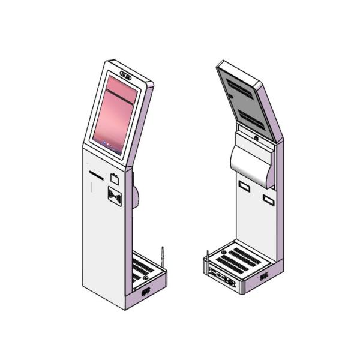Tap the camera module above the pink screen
pyautogui.click(x=126, y=76)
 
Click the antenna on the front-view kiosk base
pyautogui.click(x=160, y=257)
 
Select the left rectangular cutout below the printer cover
pyautogui.click(x=244, y=186)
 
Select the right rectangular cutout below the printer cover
pyautogui.click(x=268, y=198)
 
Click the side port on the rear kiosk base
pyautogui.click(x=263, y=277)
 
